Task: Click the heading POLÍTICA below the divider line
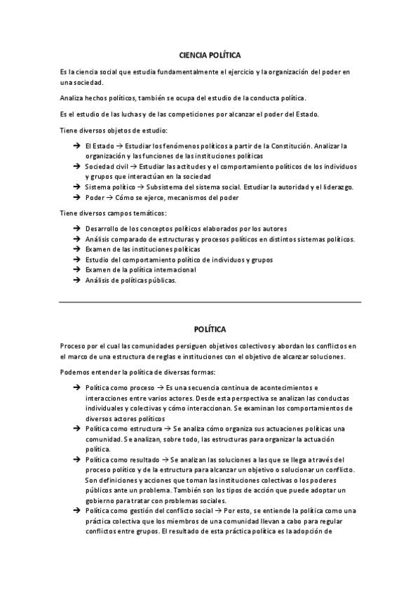(x=210, y=328)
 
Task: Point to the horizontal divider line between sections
(x=210, y=302)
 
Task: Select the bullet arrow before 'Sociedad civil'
(x=76, y=166)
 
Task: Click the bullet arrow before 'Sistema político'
(x=76, y=187)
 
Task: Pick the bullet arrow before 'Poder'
(x=76, y=198)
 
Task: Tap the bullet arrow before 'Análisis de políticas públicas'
(x=76, y=281)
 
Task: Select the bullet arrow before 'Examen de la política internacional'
(x=76, y=270)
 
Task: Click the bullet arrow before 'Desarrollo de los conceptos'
(x=76, y=229)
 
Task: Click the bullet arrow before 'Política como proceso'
(x=76, y=387)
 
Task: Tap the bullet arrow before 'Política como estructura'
(x=76, y=429)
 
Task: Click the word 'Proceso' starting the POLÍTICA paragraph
(x=74, y=346)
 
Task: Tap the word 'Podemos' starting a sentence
(x=76, y=372)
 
